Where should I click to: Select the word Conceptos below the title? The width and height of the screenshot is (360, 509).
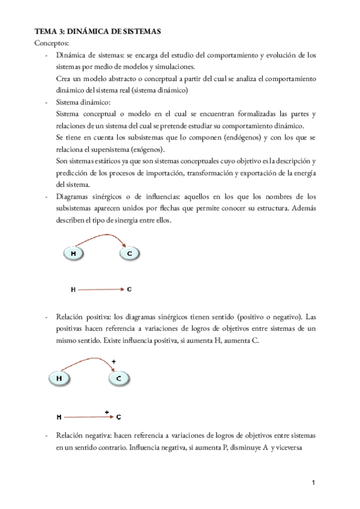[52, 43]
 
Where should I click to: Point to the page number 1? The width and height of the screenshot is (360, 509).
[314, 483]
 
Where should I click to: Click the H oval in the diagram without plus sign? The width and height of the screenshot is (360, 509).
[73, 254]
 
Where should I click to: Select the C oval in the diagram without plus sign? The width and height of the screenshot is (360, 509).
[129, 254]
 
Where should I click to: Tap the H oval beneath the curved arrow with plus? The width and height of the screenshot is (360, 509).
[59, 379]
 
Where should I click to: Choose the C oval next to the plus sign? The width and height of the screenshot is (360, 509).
[119, 379]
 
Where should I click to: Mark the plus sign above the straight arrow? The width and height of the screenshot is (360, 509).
[106, 412]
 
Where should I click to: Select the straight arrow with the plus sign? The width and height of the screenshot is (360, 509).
[88, 417]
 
